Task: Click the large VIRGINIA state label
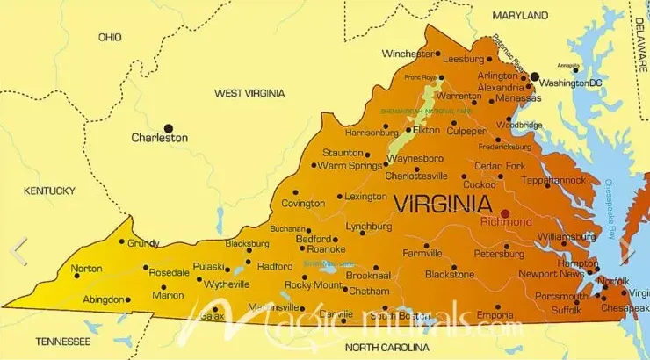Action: click(442, 205)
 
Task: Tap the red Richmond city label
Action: click(506, 223)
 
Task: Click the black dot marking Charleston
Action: click(170, 127)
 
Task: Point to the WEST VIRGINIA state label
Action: click(249, 93)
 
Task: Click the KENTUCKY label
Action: click(50, 191)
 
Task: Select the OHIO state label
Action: click(110, 37)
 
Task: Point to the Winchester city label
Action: click(408, 54)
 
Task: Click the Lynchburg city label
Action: click(368, 227)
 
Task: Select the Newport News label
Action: click(551, 275)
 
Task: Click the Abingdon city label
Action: click(103, 299)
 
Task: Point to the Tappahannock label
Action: click(553, 180)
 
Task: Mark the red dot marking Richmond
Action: click(505, 212)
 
